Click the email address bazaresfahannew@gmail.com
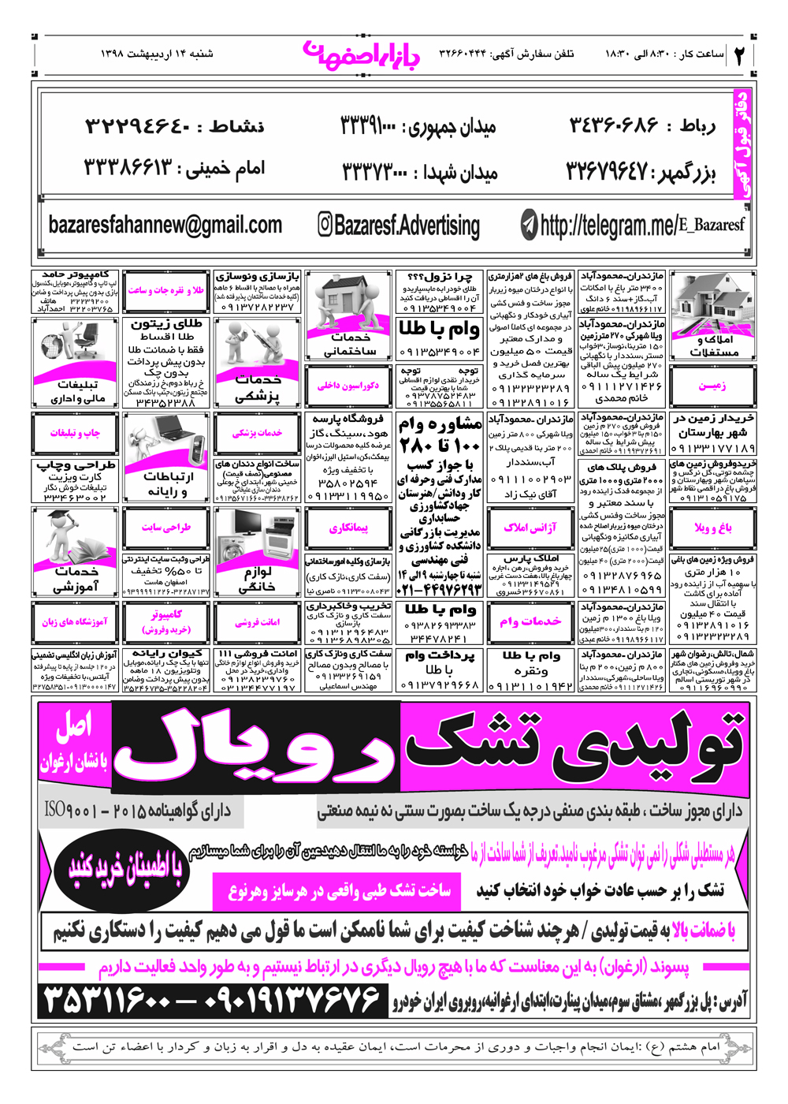[x=165, y=226]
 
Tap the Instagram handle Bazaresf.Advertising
[x=399, y=226]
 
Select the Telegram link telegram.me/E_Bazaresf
[x=634, y=226]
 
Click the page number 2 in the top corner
[x=740, y=55]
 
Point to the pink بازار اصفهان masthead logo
[x=362, y=54]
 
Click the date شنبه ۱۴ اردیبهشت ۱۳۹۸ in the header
[x=157, y=54]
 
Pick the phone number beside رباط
[x=613, y=125]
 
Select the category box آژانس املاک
[x=530, y=528]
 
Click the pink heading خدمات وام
[x=530, y=621]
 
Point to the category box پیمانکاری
[x=348, y=528]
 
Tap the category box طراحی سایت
[x=166, y=528]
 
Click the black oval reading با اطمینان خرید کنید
[x=126, y=868]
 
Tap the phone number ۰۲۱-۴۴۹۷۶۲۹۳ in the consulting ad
[x=440, y=589]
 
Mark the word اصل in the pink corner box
[x=74, y=726]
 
